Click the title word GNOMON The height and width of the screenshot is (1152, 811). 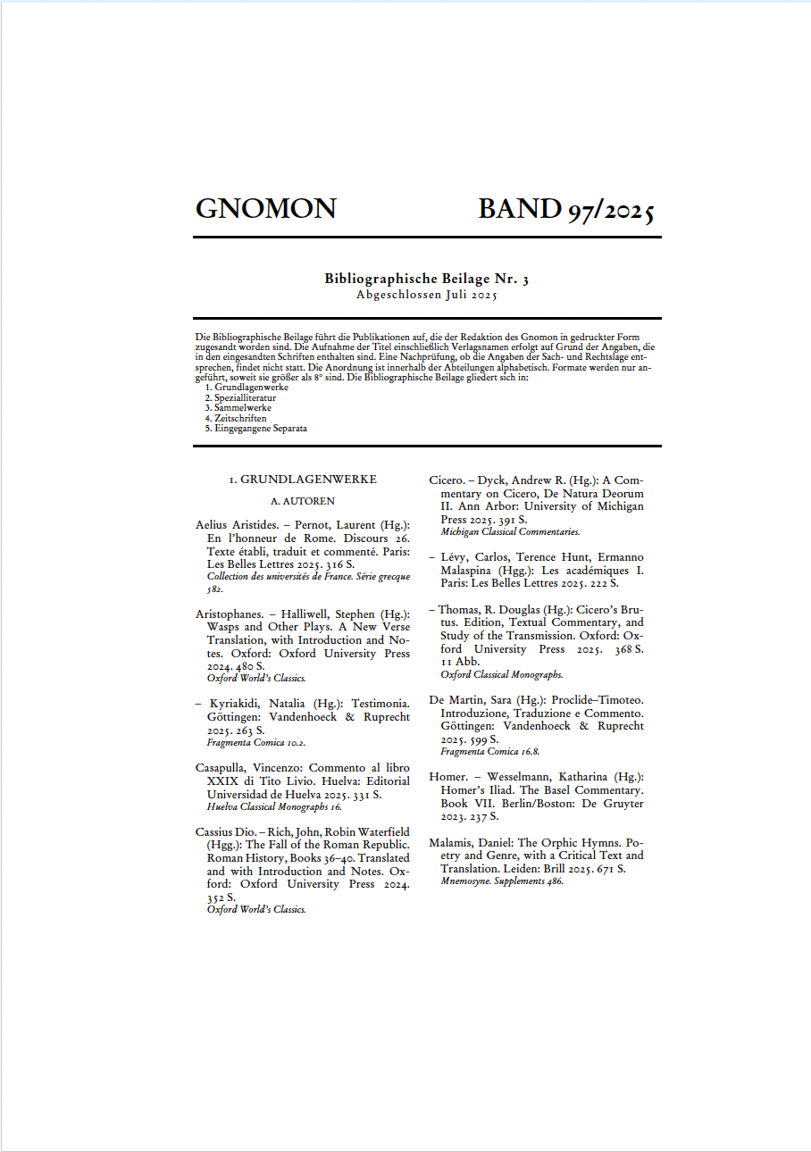click(265, 209)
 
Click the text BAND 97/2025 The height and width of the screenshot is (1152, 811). click(567, 209)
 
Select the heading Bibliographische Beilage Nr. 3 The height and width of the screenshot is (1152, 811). click(426, 279)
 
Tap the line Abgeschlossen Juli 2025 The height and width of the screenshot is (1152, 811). click(426, 294)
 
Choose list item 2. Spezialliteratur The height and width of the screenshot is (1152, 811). click(240, 397)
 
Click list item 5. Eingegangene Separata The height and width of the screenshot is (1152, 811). click(255, 428)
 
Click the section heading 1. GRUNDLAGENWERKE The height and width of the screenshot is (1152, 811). click(303, 480)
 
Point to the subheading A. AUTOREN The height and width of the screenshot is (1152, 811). click(303, 502)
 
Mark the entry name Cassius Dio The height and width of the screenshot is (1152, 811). click(225, 832)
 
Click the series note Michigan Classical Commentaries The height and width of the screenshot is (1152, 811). click(510, 531)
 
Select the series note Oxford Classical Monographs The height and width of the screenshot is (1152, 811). click(501, 674)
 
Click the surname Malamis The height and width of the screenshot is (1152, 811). click(456, 843)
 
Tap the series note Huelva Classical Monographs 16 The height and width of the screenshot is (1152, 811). click(274, 806)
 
